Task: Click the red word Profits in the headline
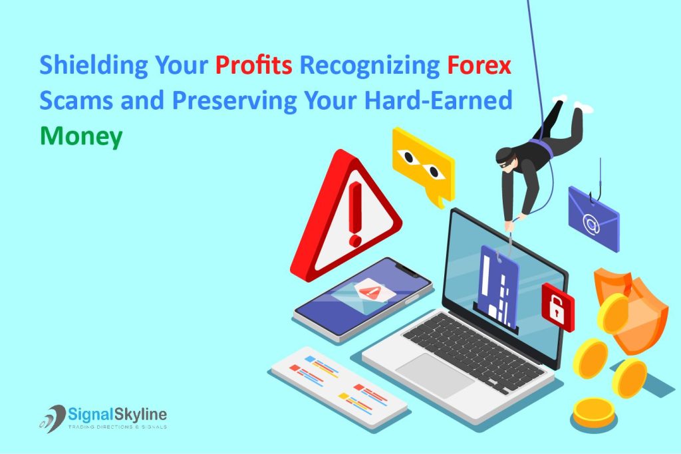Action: [253, 67]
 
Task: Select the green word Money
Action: [80, 136]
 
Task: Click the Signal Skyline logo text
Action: [117, 415]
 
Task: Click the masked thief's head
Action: [507, 158]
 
